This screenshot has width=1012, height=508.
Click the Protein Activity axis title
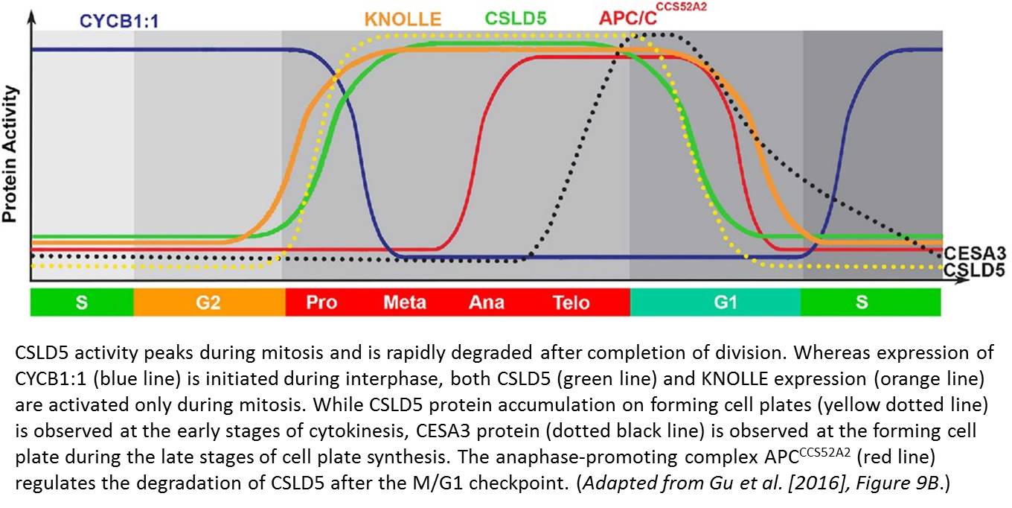coord(10,154)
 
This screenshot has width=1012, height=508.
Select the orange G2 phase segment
coord(209,302)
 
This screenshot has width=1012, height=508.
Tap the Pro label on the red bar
coord(321,302)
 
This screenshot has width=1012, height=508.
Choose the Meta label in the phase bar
coord(405,302)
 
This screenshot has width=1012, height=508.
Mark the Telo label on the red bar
coord(571,302)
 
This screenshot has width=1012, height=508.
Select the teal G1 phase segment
coord(714,302)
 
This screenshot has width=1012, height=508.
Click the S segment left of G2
coord(82,302)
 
